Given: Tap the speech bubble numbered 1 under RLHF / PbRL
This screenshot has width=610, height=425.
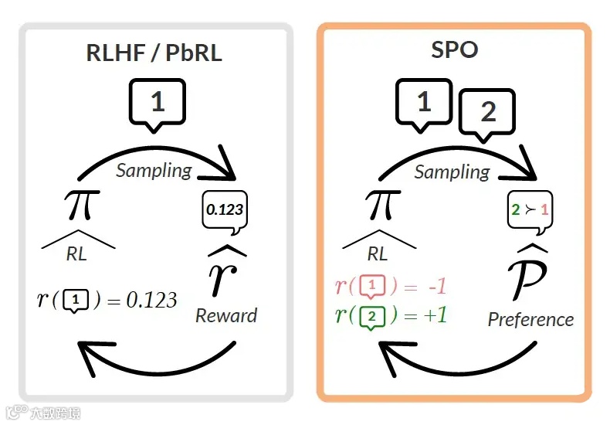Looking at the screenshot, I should tap(158, 102).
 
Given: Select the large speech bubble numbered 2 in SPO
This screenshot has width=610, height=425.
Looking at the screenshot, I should tap(487, 113).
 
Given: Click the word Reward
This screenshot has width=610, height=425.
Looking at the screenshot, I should tap(226, 315).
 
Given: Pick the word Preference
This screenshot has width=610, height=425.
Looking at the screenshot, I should tap(530, 319).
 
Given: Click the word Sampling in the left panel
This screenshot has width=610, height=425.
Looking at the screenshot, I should tap(154, 171).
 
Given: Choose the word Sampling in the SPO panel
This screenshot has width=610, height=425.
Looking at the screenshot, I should tap(452, 172).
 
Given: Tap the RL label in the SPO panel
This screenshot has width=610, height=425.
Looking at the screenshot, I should tap(377, 253).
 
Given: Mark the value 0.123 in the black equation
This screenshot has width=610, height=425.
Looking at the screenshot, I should tap(151, 300).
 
